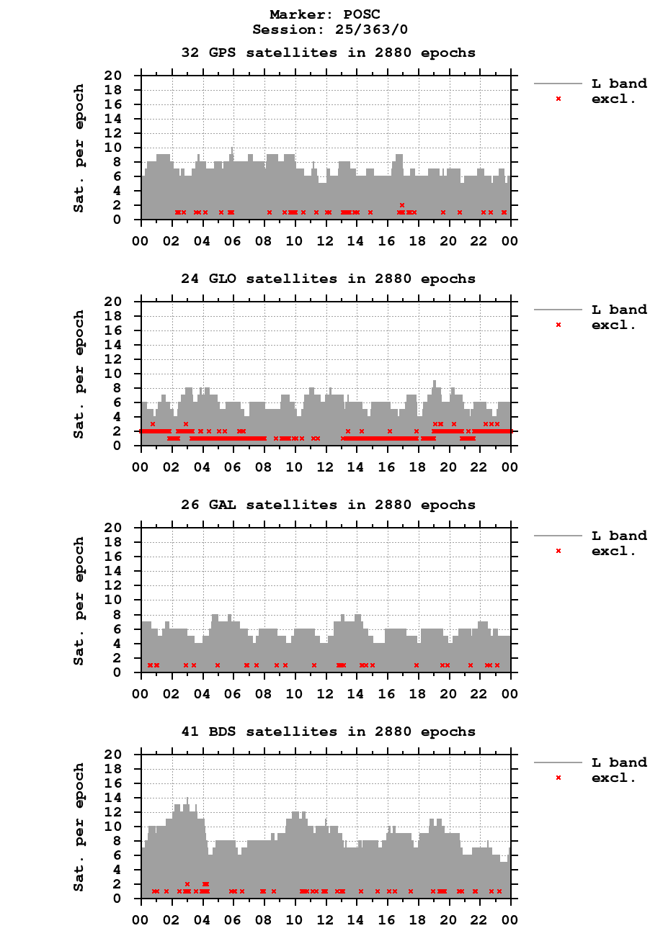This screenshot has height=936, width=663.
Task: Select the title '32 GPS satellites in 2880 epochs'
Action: pos(328,53)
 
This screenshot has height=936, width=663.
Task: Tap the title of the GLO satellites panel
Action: pos(328,279)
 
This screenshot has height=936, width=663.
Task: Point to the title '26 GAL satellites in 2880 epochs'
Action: pos(328,505)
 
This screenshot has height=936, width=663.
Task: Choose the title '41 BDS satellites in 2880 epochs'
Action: pos(328,732)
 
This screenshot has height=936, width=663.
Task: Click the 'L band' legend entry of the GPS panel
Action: pos(618,84)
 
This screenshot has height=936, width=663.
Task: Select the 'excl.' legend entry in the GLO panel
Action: pos(613,325)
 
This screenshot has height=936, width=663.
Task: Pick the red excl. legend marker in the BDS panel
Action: pos(559,778)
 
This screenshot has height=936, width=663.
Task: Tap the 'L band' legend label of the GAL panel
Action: pos(618,536)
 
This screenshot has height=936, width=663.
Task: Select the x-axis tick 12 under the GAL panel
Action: pos(326,693)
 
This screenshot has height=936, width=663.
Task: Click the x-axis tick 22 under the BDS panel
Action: pos(480,919)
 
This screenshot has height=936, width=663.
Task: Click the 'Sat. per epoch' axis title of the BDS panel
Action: pos(79,827)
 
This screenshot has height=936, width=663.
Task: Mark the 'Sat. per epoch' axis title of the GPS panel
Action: pos(79,148)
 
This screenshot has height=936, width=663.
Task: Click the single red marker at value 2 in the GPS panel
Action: pos(402,205)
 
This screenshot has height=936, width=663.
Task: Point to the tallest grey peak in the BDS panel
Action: pos(187,799)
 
